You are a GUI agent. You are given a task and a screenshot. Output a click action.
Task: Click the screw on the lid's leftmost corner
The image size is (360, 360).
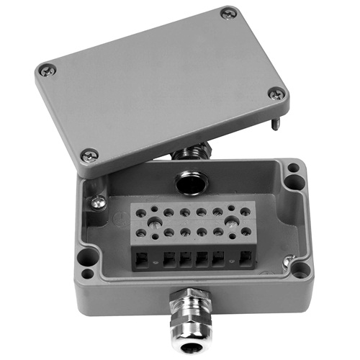tap(47, 70)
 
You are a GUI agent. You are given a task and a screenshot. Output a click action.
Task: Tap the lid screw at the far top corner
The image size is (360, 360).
tap(228, 12)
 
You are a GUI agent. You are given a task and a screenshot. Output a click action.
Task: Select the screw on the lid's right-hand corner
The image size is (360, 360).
tap(276, 93)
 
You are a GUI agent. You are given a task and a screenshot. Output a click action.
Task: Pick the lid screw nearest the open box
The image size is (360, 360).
tap(89, 153)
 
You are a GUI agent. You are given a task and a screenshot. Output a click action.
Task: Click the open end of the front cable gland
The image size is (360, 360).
tap(192, 348)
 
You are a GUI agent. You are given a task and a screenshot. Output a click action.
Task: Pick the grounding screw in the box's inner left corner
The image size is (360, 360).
tap(98, 203)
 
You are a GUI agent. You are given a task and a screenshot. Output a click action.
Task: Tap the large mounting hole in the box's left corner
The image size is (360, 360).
tap(84, 255)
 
